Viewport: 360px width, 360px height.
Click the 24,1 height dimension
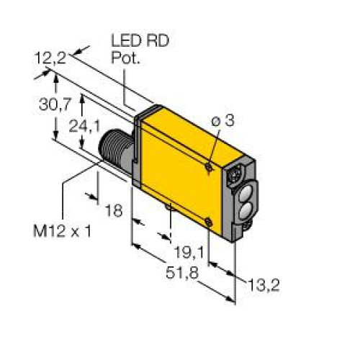point(86,127)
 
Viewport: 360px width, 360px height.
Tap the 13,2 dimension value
point(264,286)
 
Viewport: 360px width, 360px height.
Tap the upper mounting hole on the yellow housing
point(208,166)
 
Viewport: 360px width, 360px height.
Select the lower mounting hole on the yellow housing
point(208,222)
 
